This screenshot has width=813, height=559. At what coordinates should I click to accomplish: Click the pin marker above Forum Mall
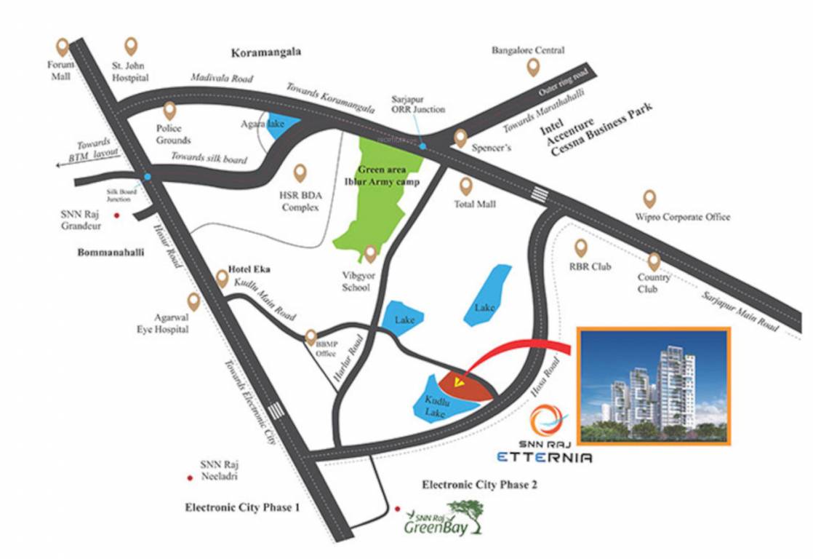click(x=63, y=47)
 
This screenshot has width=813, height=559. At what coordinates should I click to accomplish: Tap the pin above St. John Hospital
click(x=131, y=47)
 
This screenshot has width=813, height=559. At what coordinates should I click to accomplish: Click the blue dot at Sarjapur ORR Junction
click(x=422, y=147)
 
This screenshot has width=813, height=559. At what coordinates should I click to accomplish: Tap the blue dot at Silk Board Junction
click(x=148, y=177)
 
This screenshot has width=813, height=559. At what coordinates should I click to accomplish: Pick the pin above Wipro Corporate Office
click(x=649, y=198)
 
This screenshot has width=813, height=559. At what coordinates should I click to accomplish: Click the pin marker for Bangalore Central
click(x=534, y=68)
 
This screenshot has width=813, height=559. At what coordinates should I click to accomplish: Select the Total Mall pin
click(x=465, y=186)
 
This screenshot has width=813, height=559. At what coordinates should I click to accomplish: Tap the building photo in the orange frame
click(x=652, y=386)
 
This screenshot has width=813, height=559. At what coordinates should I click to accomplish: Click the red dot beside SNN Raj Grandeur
click(x=116, y=215)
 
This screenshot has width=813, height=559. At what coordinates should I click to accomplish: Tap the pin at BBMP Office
click(x=311, y=337)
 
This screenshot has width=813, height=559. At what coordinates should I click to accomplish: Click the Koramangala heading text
click(x=266, y=53)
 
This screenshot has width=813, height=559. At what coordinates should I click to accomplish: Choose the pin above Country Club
click(x=654, y=261)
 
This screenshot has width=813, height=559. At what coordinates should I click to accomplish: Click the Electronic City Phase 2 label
click(x=479, y=485)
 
